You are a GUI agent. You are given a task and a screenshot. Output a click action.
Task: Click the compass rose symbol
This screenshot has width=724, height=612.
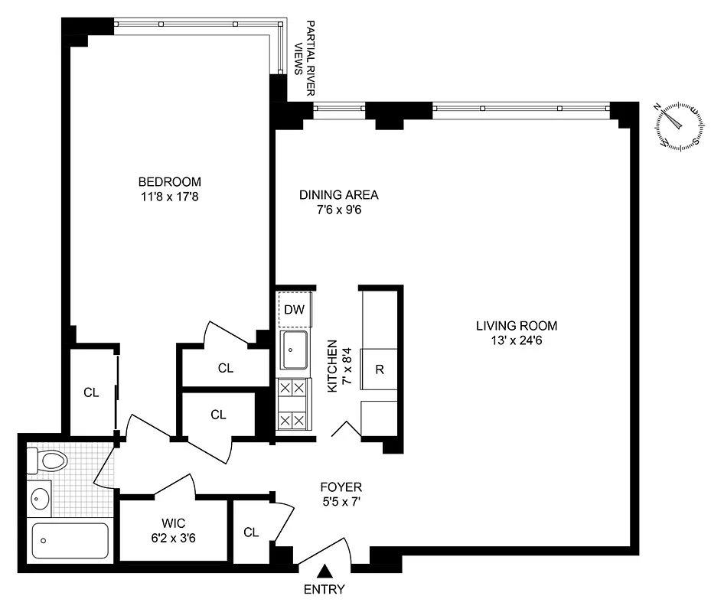(x=678, y=124)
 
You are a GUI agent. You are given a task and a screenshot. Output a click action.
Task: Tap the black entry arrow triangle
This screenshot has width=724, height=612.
(x=325, y=571)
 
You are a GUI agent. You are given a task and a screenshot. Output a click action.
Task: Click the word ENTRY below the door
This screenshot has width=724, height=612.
(x=324, y=589)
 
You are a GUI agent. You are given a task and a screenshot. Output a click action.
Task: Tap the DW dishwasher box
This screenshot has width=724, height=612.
(x=294, y=310)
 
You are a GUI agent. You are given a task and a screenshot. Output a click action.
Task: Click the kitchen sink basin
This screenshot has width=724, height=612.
(x=294, y=350)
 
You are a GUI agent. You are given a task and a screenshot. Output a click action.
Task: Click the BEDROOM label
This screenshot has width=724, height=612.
(x=169, y=181)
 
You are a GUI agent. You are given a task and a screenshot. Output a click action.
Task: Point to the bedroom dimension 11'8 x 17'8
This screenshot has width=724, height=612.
(x=169, y=197)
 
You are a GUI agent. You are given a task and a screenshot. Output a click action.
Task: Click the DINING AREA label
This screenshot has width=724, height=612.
(x=338, y=194)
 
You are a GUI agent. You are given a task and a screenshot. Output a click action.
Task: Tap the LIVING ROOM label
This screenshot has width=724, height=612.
(x=517, y=324)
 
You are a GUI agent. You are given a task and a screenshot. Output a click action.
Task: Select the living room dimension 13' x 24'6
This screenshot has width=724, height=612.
(x=517, y=340)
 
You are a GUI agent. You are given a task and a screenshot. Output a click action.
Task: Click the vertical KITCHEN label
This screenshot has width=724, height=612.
(x=332, y=366)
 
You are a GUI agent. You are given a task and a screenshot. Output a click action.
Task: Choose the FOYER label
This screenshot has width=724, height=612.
(x=342, y=487)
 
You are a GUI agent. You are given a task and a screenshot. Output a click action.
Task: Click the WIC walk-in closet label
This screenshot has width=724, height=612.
(x=172, y=523)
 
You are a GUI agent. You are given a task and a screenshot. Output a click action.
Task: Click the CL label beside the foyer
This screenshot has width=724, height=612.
(x=251, y=532)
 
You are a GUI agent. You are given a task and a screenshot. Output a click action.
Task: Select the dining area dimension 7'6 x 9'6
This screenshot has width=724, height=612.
(x=338, y=210)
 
